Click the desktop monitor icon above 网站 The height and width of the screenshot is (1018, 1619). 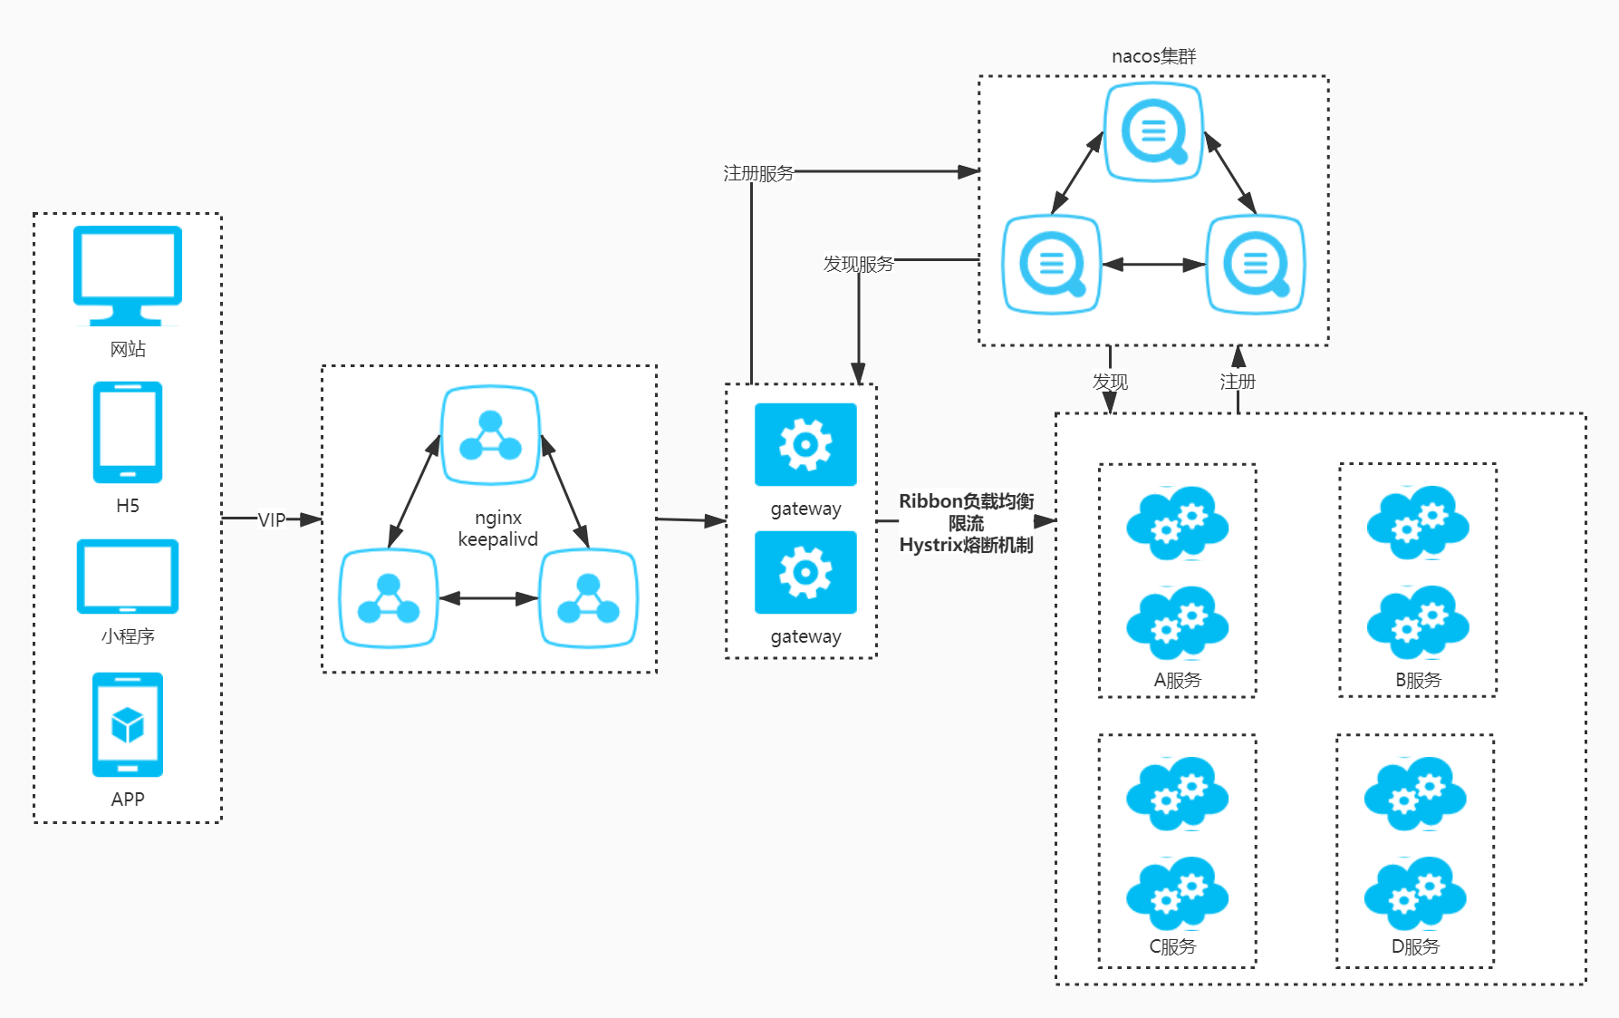128,275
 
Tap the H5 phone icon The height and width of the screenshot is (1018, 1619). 128,431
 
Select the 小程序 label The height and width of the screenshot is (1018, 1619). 128,636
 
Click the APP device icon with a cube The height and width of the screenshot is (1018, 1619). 128,724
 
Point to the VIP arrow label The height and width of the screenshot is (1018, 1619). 272,519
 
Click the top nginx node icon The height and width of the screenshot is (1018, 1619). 490,435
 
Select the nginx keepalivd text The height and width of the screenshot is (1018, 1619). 498,528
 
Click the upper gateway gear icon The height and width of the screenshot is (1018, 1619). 805,444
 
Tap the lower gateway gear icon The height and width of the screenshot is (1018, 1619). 805,572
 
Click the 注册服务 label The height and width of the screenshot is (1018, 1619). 758,173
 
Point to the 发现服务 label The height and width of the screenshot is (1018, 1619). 858,264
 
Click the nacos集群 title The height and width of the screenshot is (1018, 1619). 1153,56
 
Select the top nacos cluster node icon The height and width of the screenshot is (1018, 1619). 1153,132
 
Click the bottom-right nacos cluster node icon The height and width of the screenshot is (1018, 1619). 1256,264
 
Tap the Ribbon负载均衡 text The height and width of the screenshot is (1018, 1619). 966,501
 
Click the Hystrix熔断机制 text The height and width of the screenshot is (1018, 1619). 966,545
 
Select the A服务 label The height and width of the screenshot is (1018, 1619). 1177,680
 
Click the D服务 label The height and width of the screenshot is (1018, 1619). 1415,946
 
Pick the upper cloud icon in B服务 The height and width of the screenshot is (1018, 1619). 1418,522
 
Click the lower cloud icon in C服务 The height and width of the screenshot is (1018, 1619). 1177,894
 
